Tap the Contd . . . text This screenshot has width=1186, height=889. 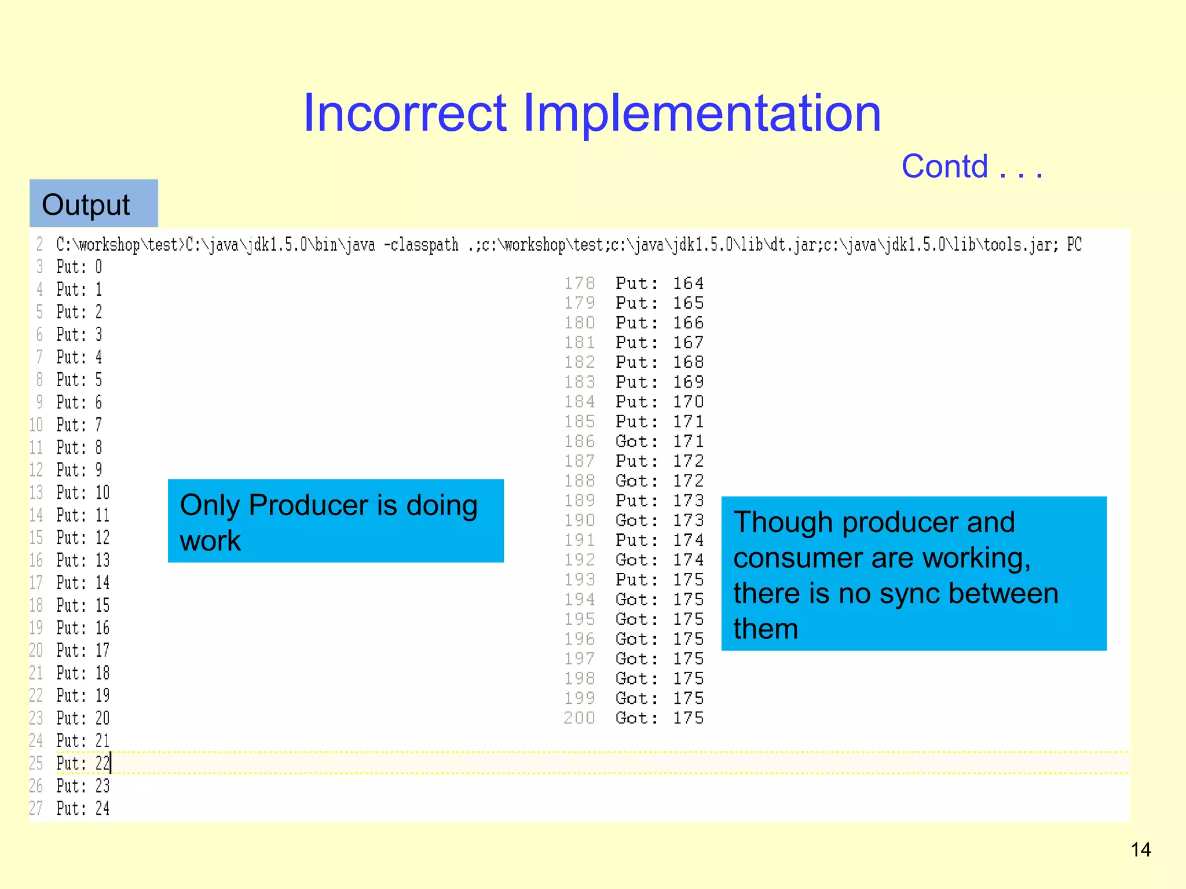pyautogui.click(x=972, y=167)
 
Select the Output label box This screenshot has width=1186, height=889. pyautogui.click(x=93, y=204)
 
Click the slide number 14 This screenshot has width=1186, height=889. pyautogui.click(x=1140, y=850)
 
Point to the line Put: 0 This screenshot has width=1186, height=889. pyautogui.click(x=79, y=267)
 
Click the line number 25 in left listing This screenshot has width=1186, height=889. pyautogui.click(x=36, y=763)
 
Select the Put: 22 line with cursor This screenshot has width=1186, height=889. pyautogui.click(x=83, y=763)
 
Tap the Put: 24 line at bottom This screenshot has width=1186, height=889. pyautogui.click(x=83, y=809)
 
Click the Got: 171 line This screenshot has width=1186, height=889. pyautogui.click(x=659, y=442)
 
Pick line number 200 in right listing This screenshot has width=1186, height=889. pyautogui.click(x=579, y=718)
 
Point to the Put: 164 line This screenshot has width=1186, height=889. pyautogui.click(x=659, y=284)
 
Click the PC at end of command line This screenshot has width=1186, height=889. pyautogui.click(x=1074, y=245)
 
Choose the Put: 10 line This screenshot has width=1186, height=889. pyautogui.click(x=83, y=493)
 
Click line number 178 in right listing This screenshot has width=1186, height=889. pyautogui.click(x=579, y=284)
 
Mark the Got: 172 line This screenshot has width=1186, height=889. pyautogui.click(x=659, y=481)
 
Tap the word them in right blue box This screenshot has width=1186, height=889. pyautogui.click(x=766, y=629)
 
